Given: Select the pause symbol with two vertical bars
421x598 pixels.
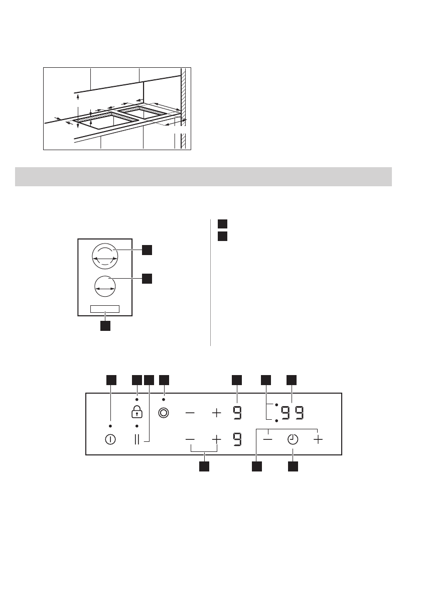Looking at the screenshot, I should click(137, 439).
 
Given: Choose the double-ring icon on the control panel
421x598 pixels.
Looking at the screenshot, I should click(164, 413).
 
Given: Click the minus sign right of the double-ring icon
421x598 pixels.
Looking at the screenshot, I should click(190, 413).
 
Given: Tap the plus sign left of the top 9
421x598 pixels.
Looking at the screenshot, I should click(216, 413).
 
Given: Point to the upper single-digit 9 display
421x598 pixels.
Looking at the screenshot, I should click(237, 413).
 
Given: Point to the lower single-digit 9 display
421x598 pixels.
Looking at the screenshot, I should click(237, 439).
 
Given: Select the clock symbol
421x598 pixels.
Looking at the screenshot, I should click(293, 439).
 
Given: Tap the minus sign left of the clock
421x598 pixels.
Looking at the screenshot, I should click(268, 439).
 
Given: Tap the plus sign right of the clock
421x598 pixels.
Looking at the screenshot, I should click(318, 439).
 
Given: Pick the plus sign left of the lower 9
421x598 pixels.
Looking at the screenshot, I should click(216, 439).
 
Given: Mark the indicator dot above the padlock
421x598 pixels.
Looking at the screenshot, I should click(136, 399).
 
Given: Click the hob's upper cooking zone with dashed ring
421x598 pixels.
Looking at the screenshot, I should click(105, 257).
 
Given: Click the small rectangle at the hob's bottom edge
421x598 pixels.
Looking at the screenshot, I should click(105, 309).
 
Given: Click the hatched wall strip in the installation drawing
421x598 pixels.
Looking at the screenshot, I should click(184, 108).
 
